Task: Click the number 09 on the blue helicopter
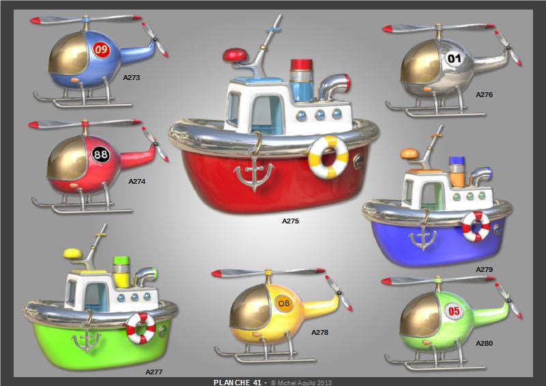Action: coord(101,49)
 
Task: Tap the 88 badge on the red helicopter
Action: coord(100,154)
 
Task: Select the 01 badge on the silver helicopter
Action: coord(454,58)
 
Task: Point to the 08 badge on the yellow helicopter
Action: coord(284,303)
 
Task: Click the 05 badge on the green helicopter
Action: coord(454,311)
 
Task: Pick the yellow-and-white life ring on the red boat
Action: coord(328,157)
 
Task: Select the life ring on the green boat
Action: coord(141,328)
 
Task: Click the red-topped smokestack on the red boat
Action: coord(302,80)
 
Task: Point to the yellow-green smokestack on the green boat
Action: coord(121,272)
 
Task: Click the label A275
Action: coord(291,221)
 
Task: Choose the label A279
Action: coord(485,270)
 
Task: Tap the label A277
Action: coord(154,372)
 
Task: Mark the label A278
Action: coord(319,332)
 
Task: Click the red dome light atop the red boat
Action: coord(235,55)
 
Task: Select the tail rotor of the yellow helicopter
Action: coord(339,293)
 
